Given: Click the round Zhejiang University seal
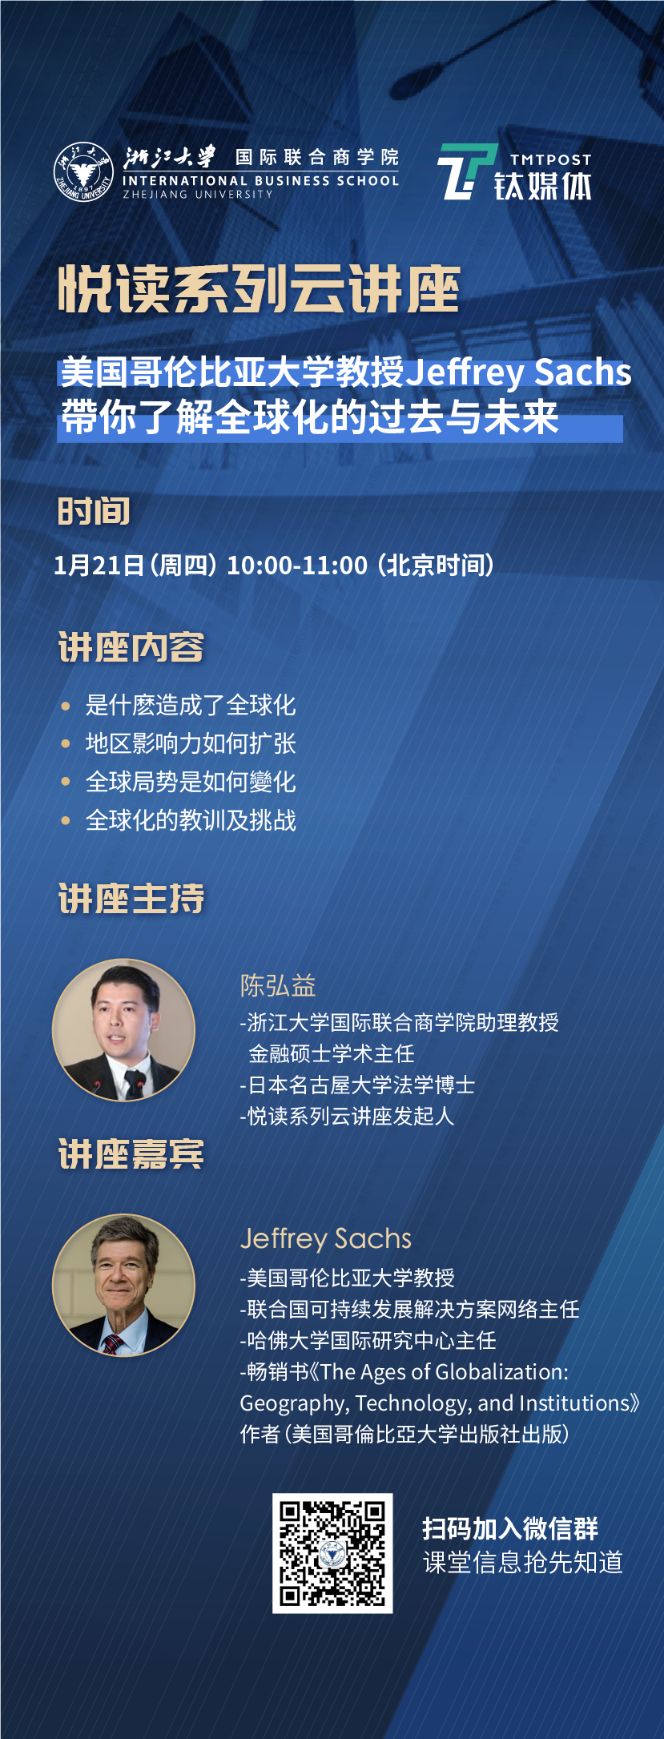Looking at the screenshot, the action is [83, 172].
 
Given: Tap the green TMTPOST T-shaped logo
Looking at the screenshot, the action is [466, 171].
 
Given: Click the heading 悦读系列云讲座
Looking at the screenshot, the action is [260, 289].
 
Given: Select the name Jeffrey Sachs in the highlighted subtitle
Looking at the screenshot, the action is [519, 372].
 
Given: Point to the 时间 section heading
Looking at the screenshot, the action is [94, 512].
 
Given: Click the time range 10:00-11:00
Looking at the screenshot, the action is [297, 566].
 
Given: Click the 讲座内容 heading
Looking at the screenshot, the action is [131, 647].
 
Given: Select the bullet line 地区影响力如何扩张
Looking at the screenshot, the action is [191, 743].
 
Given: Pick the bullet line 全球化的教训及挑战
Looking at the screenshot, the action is [191, 820].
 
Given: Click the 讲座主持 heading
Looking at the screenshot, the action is [131, 898].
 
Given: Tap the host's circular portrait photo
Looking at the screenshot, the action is [124, 1029].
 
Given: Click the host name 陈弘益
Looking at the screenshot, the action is [278, 985].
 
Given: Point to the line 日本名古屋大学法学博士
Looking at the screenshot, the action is [357, 1085].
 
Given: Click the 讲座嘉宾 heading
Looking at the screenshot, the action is [131, 1154].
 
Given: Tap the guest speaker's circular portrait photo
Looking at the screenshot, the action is [124, 1285].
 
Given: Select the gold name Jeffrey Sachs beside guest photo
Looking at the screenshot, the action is [326, 1238].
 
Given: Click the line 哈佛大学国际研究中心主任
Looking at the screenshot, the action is [368, 1341].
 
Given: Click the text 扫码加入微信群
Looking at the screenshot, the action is [510, 1528].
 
